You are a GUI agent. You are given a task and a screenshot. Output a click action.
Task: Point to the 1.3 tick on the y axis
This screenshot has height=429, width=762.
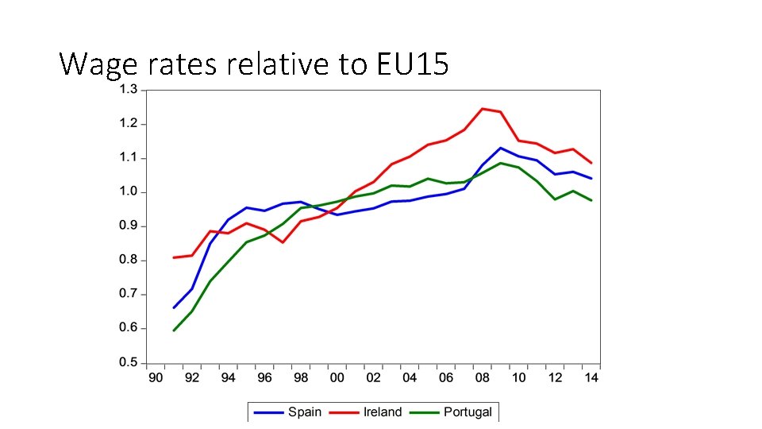pos(128,90)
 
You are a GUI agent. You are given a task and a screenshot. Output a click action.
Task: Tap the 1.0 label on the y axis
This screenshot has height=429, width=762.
pos(128,192)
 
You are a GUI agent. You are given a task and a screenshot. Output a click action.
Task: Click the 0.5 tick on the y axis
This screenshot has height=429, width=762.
pos(128,363)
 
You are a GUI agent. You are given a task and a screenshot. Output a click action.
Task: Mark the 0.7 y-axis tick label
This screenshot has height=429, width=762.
pos(128,295)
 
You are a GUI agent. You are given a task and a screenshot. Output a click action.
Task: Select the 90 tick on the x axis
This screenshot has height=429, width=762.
pos(156,378)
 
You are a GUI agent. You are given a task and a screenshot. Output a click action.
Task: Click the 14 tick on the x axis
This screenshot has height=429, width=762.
pos(591,378)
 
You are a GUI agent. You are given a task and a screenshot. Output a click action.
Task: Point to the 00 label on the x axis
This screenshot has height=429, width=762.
pos(337,378)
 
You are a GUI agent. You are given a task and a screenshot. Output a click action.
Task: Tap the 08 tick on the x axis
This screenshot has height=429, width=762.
pos(483,378)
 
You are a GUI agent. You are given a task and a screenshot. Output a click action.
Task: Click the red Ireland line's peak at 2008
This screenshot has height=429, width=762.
pos(483,109)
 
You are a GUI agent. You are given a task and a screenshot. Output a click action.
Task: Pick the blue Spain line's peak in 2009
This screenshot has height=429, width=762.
pos(500,148)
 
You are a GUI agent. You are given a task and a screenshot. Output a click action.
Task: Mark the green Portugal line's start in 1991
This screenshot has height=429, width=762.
pos(174,330)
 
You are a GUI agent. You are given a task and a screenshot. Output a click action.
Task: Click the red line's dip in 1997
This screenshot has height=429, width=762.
pos(283,242)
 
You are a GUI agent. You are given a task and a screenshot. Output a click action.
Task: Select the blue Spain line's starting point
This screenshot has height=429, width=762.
pos(174,307)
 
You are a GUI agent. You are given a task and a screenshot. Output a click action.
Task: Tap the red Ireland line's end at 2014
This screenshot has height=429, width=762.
pos(591,163)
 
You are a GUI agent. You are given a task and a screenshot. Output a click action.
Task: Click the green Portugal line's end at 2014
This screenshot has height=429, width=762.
pos(591,200)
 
